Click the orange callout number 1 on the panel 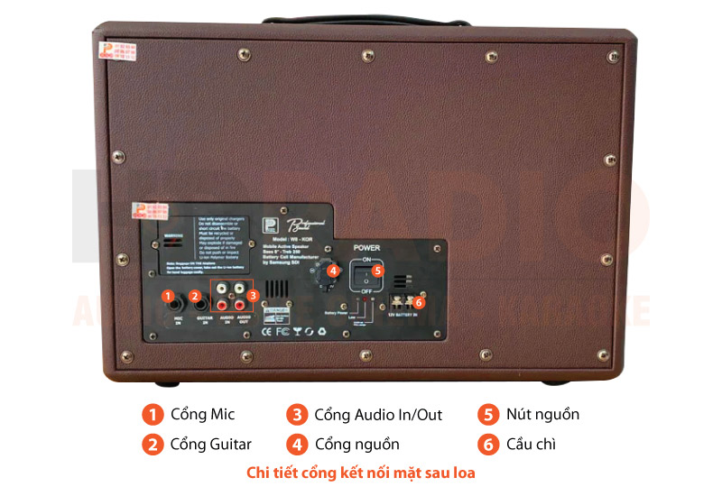[x=167, y=296]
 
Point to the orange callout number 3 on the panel [x=254, y=296]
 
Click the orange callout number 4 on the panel [x=332, y=270]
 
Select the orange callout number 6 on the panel [x=418, y=302]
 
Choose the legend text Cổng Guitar [x=211, y=444]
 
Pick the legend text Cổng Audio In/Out [x=378, y=415]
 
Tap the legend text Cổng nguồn [x=356, y=444]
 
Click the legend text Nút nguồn [x=541, y=415]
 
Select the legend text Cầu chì [x=530, y=444]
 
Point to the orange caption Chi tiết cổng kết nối [x=361, y=473]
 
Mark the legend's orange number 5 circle [x=488, y=415]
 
